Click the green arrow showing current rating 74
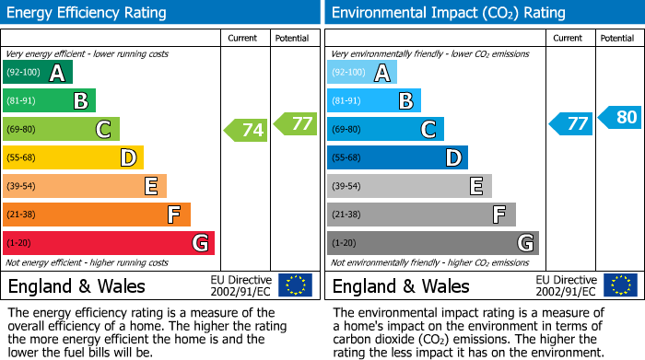pos(246,130)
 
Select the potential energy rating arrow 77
pos(295,122)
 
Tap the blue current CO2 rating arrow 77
pos(570,123)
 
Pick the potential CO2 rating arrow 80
pos(619,117)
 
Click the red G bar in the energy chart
pos(109,243)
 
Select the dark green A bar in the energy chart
pos(38,73)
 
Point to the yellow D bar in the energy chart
pos(73,158)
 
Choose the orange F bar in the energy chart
pos(97,215)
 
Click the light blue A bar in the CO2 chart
pos(362,73)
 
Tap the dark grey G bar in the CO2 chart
pos(432,243)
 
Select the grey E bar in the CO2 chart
pos(409,186)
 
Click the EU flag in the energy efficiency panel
pos(295,285)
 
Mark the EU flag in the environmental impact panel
pos(620,285)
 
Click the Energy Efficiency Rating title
pos(88,13)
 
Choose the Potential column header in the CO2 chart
pos(617,38)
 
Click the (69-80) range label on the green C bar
pos(21,130)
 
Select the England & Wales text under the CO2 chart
pos(401,285)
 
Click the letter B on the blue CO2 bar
pos(405,101)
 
